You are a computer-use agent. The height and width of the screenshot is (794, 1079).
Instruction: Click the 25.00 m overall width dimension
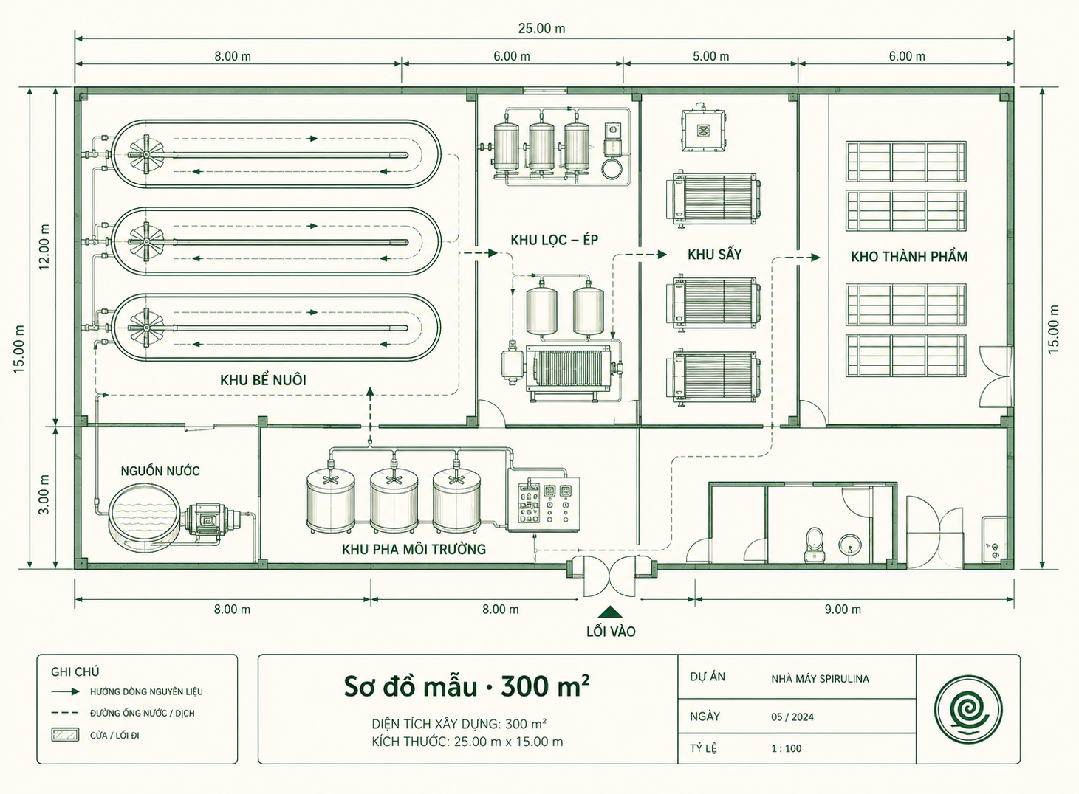click(x=541, y=28)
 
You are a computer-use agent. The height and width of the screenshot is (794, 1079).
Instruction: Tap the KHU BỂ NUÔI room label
click(x=263, y=380)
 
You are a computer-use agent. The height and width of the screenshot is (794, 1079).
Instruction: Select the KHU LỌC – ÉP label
click(x=554, y=240)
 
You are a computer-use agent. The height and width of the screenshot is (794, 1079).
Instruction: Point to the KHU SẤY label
click(x=714, y=254)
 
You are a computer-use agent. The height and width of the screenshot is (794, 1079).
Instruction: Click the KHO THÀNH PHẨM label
click(x=909, y=257)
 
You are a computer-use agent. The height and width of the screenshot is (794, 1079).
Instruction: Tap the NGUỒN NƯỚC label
click(x=160, y=471)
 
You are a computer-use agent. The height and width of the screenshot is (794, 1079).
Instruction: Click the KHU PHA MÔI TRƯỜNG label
click(x=414, y=549)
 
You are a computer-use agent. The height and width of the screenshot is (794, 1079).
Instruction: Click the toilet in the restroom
click(x=814, y=545)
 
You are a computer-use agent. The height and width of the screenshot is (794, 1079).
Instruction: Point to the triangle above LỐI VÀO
click(x=610, y=612)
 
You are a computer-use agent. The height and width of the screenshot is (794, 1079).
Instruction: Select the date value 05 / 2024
click(x=792, y=717)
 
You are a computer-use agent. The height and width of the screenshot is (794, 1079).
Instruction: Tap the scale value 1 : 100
click(x=786, y=748)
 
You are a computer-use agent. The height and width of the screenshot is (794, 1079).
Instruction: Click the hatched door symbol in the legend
click(x=66, y=735)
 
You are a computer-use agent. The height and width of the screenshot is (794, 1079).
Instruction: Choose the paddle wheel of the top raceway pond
click(x=145, y=154)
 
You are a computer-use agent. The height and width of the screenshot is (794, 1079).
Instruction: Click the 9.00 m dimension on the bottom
click(x=843, y=610)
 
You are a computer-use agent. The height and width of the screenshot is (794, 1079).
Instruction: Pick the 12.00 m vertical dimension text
click(x=44, y=247)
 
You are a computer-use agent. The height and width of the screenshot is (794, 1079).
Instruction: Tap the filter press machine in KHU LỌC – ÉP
click(x=569, y=371)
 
